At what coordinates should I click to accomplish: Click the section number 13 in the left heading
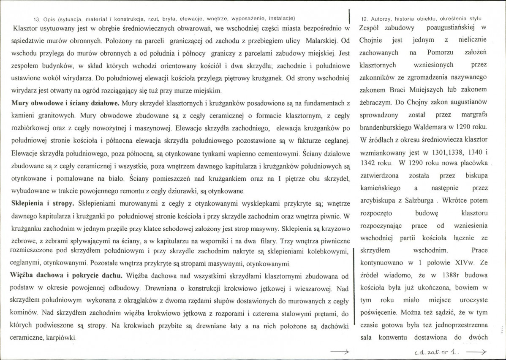pyautogui.click(x=36, y=18)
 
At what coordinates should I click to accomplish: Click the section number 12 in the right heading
pyautogui.click(x=365, y=19)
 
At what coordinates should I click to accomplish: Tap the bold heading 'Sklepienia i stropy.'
pyautogui.click(x=43, y=203)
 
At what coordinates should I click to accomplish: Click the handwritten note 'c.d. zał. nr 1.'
pyautogui.click(x=437, y=352)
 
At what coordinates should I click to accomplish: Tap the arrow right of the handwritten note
pyautogui.click(x=476, y=352)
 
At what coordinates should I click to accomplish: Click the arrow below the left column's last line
pyautogui.click(x=339, y=352)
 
